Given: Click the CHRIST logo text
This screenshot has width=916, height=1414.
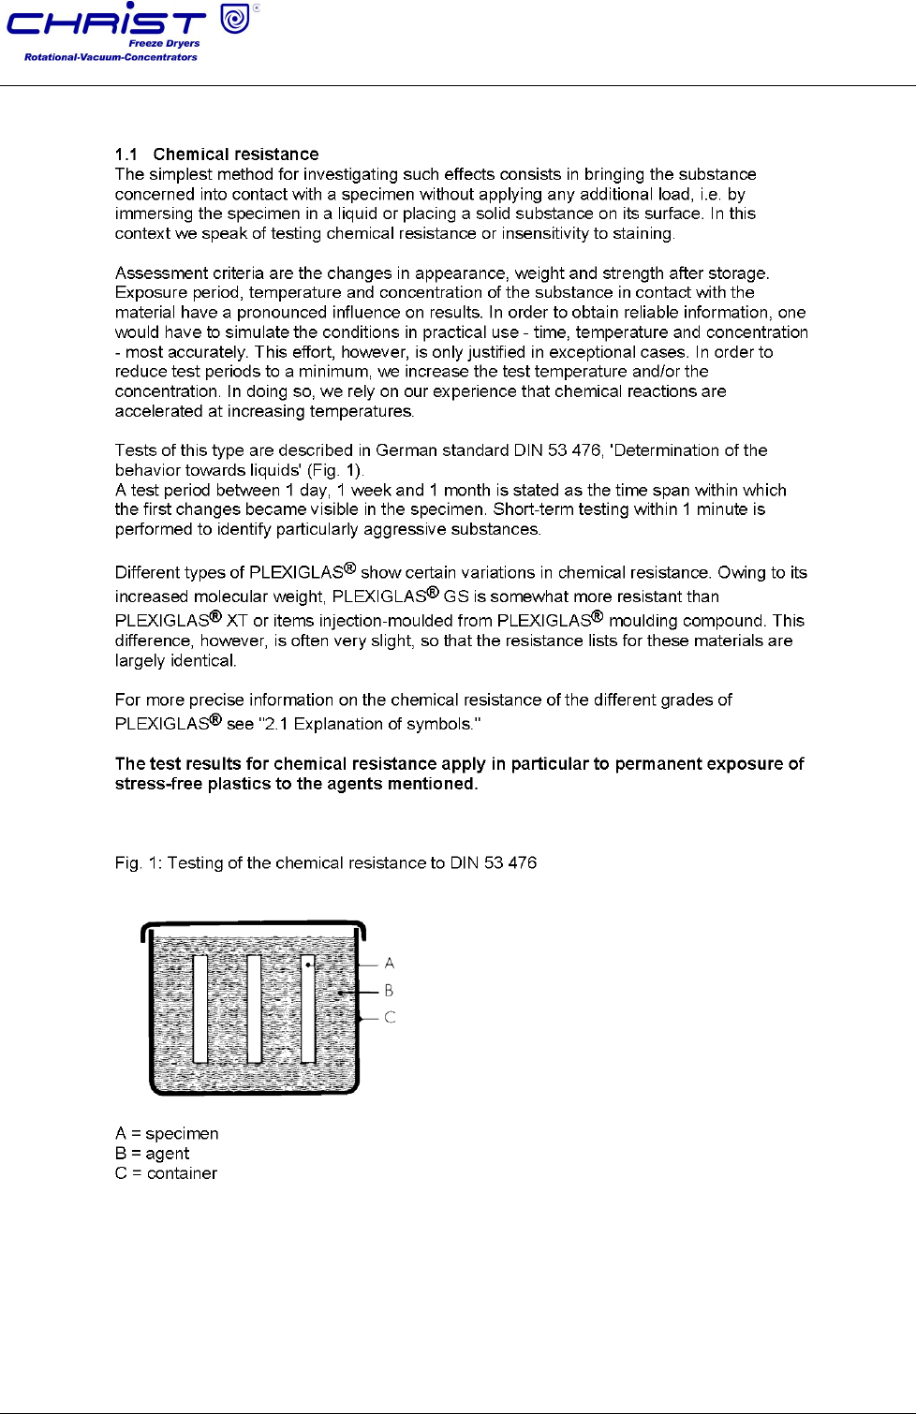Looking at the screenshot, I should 105,22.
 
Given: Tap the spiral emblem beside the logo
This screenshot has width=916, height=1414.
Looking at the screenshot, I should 235,18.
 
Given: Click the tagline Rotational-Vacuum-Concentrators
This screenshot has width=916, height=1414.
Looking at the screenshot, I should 111,57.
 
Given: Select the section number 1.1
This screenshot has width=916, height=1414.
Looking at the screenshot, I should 126,155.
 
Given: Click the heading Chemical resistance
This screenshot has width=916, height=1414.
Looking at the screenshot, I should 236,155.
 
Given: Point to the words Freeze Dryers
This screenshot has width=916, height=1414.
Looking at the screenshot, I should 164,43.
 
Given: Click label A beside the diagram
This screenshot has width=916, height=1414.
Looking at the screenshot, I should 390,964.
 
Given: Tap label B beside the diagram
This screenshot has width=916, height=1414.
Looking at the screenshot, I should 389,991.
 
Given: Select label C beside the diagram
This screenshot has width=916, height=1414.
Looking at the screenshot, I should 390,1018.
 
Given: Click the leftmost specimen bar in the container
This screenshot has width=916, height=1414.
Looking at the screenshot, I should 199,1009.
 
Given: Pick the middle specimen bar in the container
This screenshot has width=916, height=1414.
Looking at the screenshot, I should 254,1009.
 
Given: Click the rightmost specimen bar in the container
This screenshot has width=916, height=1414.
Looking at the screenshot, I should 308,1009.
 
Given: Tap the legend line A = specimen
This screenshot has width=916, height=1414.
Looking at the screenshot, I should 167,1134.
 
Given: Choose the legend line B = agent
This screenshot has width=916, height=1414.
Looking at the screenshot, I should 152,1154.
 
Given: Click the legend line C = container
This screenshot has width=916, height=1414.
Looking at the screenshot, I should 166,1173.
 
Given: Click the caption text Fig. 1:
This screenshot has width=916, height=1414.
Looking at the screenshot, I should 138,863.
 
